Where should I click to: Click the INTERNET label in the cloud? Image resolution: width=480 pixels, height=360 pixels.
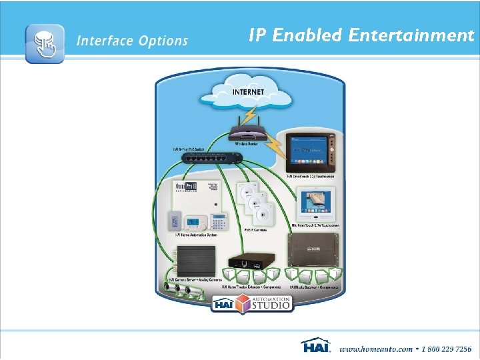coord(248,91)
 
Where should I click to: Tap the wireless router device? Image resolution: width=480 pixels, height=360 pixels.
coord(247,133)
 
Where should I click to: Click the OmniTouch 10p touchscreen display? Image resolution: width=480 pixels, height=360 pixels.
coord(310,153)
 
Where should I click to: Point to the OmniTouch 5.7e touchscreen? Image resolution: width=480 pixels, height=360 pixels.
coord(311,204)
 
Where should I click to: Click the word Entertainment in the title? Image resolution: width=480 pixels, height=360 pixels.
coord(411,35)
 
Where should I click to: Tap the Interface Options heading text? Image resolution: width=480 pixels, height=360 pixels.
coord(132,41)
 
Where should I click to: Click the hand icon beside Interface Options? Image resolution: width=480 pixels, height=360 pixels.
coord(45,43)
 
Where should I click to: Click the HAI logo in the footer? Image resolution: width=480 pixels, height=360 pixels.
coord(315,347)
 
